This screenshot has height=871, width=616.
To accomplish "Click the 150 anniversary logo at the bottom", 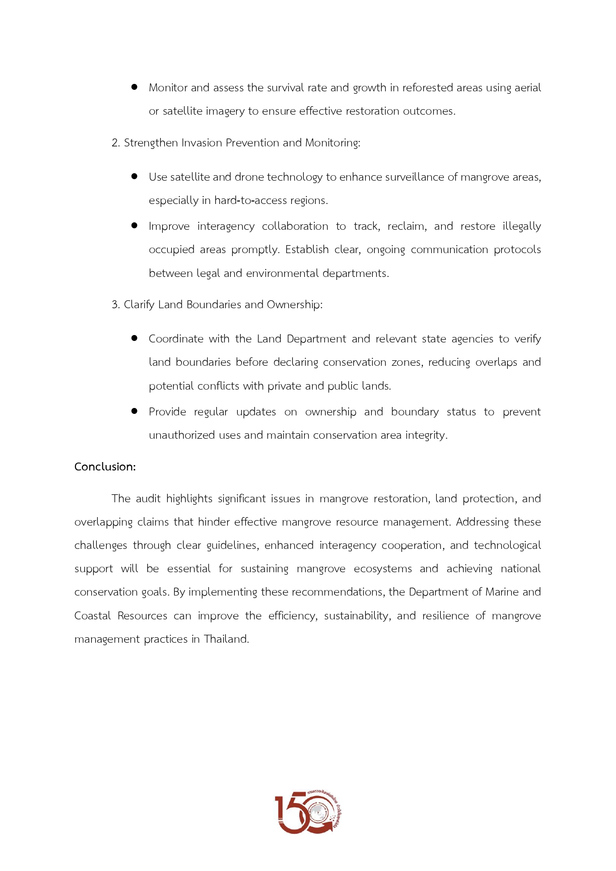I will (308, 812).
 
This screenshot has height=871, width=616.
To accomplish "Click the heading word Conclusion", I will (104, 467).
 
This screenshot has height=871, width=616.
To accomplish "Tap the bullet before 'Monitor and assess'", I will (134, 87).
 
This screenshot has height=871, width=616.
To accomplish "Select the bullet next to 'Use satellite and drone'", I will (134, 176).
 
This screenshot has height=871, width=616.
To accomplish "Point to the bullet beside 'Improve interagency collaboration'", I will (134, 225).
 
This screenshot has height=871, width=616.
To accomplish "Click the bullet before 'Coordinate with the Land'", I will (134, 338).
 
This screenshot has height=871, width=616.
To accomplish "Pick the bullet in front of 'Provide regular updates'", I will (134, 411).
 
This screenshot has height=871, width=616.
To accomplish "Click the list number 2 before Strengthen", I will (115, 143).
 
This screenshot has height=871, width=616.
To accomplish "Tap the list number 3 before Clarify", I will (115, 305).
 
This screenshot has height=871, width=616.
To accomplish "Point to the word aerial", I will (527, 88).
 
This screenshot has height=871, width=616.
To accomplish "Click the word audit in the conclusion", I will (148, 499).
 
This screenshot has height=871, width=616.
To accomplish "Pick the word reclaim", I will (407, 226).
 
